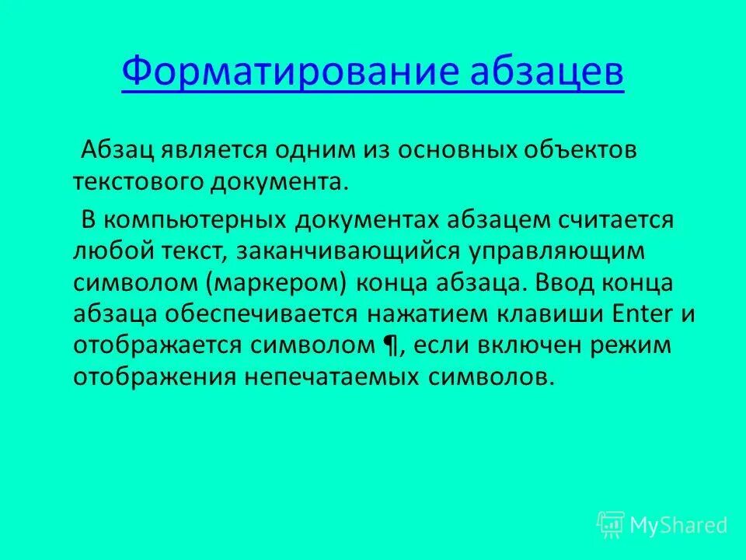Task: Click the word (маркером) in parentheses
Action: [276, 282]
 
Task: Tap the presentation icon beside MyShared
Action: [611, 525]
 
